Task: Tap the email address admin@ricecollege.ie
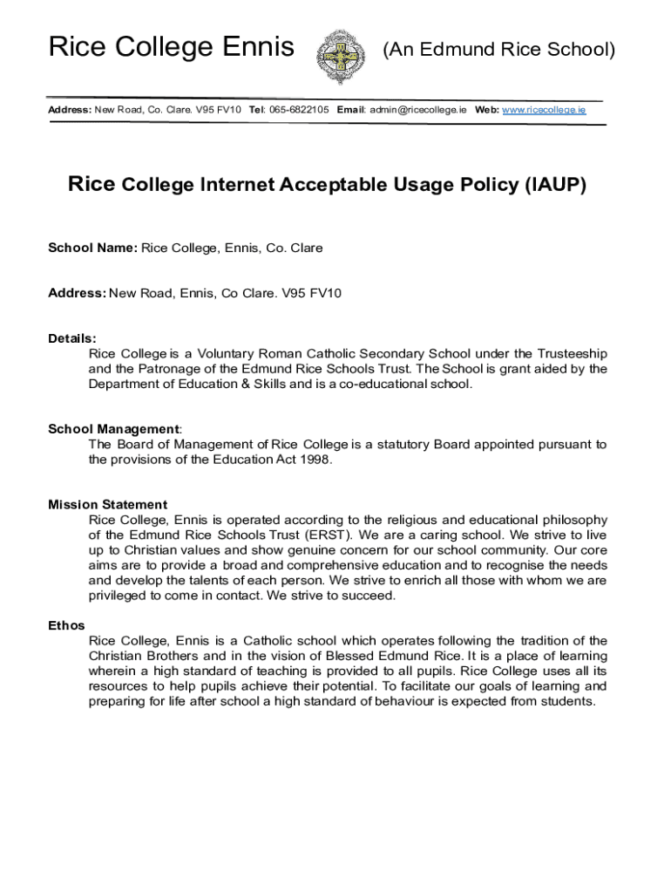click(417, 110)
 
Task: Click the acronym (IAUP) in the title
click(555, 185)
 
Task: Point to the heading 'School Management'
click(112, 429)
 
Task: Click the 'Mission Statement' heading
click(107, 504)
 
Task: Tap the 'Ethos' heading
click(66, 625)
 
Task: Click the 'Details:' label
click(72, 338)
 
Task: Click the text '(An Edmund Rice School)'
click(498, 50)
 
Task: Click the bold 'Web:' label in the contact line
click(486, 110)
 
